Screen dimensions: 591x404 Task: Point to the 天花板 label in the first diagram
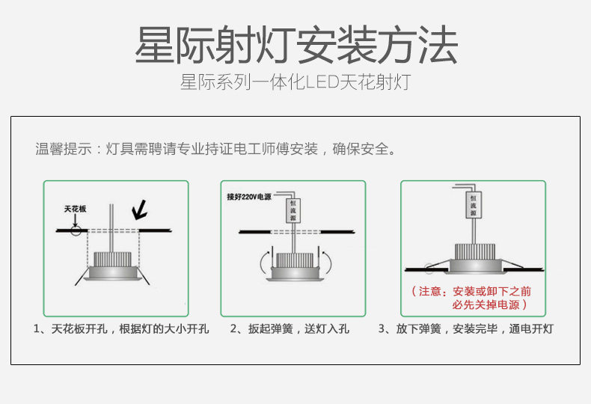point(75,209)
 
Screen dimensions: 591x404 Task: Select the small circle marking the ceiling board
point(76,230)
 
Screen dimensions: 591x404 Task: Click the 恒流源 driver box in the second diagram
point(293,211)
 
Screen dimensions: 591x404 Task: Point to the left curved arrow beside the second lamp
point(261,263)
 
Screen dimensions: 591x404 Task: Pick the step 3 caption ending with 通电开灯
point(465,329)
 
